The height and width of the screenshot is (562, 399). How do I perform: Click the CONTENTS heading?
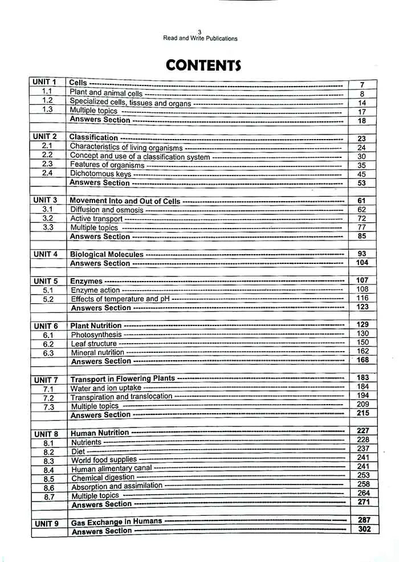tap(203, 66)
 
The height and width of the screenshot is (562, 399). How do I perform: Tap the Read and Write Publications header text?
tap(200, 39)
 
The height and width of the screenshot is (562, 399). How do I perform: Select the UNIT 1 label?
tap(44, 83)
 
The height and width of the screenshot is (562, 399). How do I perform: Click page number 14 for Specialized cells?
tap(362, 103)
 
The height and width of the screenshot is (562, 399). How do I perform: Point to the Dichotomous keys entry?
tap(100, 174)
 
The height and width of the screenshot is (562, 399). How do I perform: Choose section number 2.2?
tap(47, 155)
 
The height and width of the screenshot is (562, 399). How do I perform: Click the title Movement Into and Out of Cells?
tap(125, 201)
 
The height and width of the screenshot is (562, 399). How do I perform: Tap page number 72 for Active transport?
tap(362, 219)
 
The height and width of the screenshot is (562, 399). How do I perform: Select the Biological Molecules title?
tap(107, 254)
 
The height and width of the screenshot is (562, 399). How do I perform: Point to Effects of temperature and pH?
tap(120, 299)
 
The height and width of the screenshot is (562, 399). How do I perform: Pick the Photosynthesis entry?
tap(96, 335)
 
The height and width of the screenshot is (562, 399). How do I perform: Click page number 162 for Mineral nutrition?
tap(363, 352)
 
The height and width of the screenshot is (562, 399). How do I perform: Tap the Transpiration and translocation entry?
tap(121, 397)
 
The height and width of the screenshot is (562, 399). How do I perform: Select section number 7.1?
tap(48, 389)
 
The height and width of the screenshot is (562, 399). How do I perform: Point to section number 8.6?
tap(48, 488)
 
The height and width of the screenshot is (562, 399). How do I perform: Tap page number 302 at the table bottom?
tap(363, 530)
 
